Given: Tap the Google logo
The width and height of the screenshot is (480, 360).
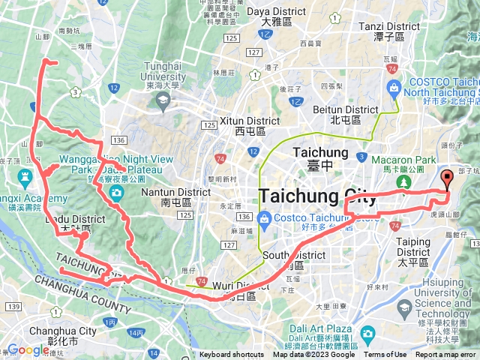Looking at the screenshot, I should coord(28,349).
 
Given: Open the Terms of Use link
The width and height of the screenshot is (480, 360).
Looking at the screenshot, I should coord(385,355).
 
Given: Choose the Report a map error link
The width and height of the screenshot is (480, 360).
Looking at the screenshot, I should coord(445,355).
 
